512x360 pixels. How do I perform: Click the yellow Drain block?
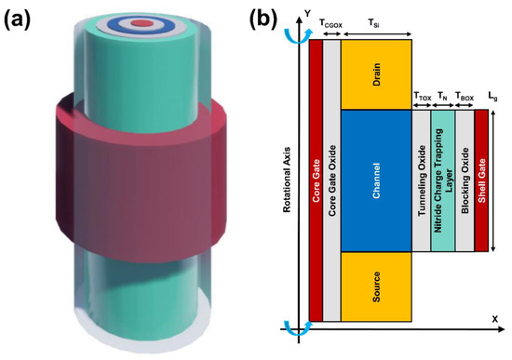pyautogui.click(x=377, y=74)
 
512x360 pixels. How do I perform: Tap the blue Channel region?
pyautogui.click(x=377, y=180)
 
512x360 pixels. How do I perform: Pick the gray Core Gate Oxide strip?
pyautogui.click(x=331, y=180)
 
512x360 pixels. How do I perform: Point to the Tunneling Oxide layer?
pyautogui.click(x=422, y=180)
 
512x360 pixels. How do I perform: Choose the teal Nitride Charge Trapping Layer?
pyautogui.click(x=443, y=180)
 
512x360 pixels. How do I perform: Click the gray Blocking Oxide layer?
pyautogui.click(x=465, y=180)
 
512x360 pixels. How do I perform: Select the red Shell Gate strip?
pyautogui.click(x=481, y=180)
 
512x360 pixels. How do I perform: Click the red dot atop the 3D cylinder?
pyautogui.click(x=141, y=20)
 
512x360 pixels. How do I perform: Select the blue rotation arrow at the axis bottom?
pyautogui.click(x=298, y=330)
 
